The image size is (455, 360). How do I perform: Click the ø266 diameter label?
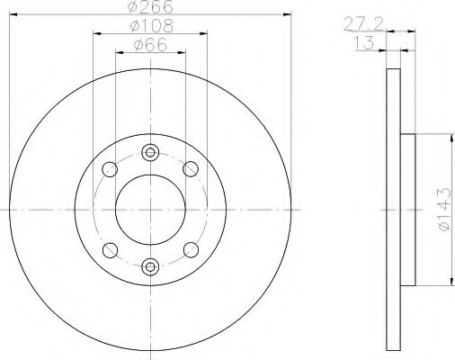pos(150,7)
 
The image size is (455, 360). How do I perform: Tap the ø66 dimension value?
pos(150,45)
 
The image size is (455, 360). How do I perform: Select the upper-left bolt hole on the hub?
pos(111,168)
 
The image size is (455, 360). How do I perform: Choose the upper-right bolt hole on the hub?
pos(190,168)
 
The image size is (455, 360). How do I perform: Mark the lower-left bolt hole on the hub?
pos(111,248)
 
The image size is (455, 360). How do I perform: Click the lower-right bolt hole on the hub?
pos(190,248)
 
